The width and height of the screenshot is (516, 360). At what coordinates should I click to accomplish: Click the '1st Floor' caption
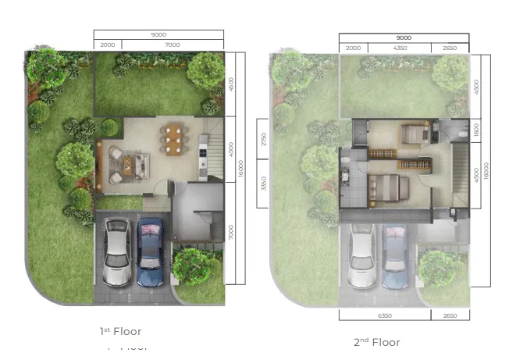pos(121,332)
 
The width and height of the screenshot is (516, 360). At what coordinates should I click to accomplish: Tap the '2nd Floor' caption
pos(376,342)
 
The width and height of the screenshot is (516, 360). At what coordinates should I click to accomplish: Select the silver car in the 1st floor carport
pos(116,251)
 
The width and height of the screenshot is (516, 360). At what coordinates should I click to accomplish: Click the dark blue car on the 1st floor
pos(149,251)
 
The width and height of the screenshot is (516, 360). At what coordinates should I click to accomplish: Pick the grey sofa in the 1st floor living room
pos(141,164)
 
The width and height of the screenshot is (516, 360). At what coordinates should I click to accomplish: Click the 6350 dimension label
pos(384,315)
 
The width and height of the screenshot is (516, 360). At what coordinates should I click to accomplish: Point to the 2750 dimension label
pos(265,139)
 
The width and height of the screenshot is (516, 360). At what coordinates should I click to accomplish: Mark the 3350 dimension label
pos(265,184)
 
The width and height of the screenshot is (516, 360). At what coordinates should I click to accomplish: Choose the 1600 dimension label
pos(477,128)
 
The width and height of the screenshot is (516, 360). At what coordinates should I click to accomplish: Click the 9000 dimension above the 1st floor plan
pos(158,34)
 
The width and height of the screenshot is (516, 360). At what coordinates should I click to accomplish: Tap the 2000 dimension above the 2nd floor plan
pos(353,48)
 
